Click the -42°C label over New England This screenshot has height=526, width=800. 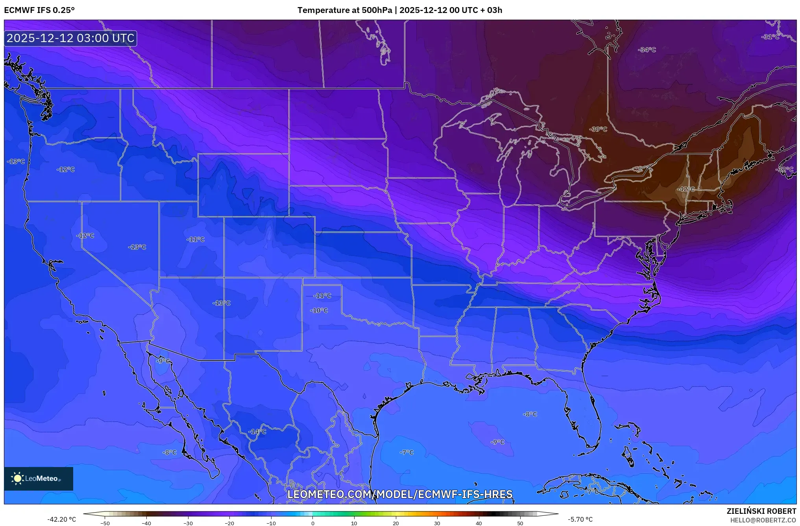tap(685, 189)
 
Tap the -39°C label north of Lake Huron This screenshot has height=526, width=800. tap(598, 129)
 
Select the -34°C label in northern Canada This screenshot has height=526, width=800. tap(647, 50)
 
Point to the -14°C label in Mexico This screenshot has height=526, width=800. tap(257, 432)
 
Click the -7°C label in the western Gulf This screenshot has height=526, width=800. tap(406, 452)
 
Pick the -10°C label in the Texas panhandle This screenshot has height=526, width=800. tap(319, 311)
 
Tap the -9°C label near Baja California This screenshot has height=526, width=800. tap(163, 361)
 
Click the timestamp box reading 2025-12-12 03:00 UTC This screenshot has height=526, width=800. tap(70, 38)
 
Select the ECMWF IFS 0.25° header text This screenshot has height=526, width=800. tap(39, 10)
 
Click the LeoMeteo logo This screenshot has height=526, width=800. tap(38, 478)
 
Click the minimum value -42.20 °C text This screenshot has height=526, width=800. tap(62, 519)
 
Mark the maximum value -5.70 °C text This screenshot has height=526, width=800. tap(580, 519)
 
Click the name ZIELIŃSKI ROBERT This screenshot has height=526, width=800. tap(761, 511)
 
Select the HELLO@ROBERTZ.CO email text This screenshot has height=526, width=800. tap(763, 520)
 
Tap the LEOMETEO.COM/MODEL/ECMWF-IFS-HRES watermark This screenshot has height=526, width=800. tap(400, 494)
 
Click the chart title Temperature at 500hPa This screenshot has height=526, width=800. tap(344, 10)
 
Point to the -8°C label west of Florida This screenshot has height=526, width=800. tap(530, 414)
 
